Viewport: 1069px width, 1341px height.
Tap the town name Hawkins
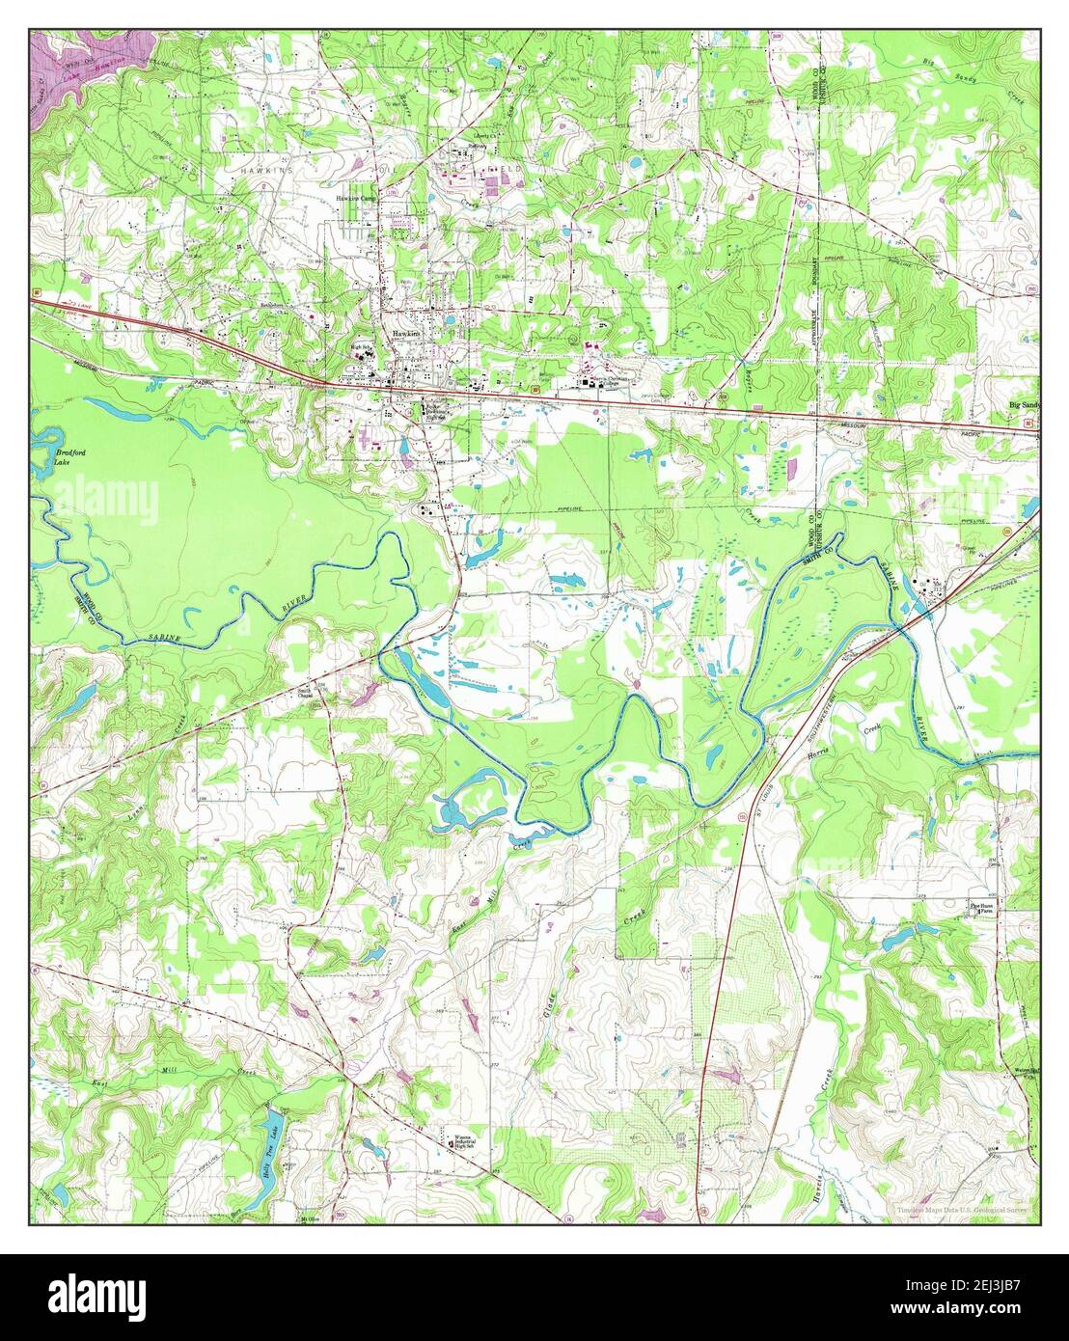pyautogui.click(x=406, y=333)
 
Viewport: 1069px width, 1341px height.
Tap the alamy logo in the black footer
pyautogui.click(x=99, y=1293)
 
